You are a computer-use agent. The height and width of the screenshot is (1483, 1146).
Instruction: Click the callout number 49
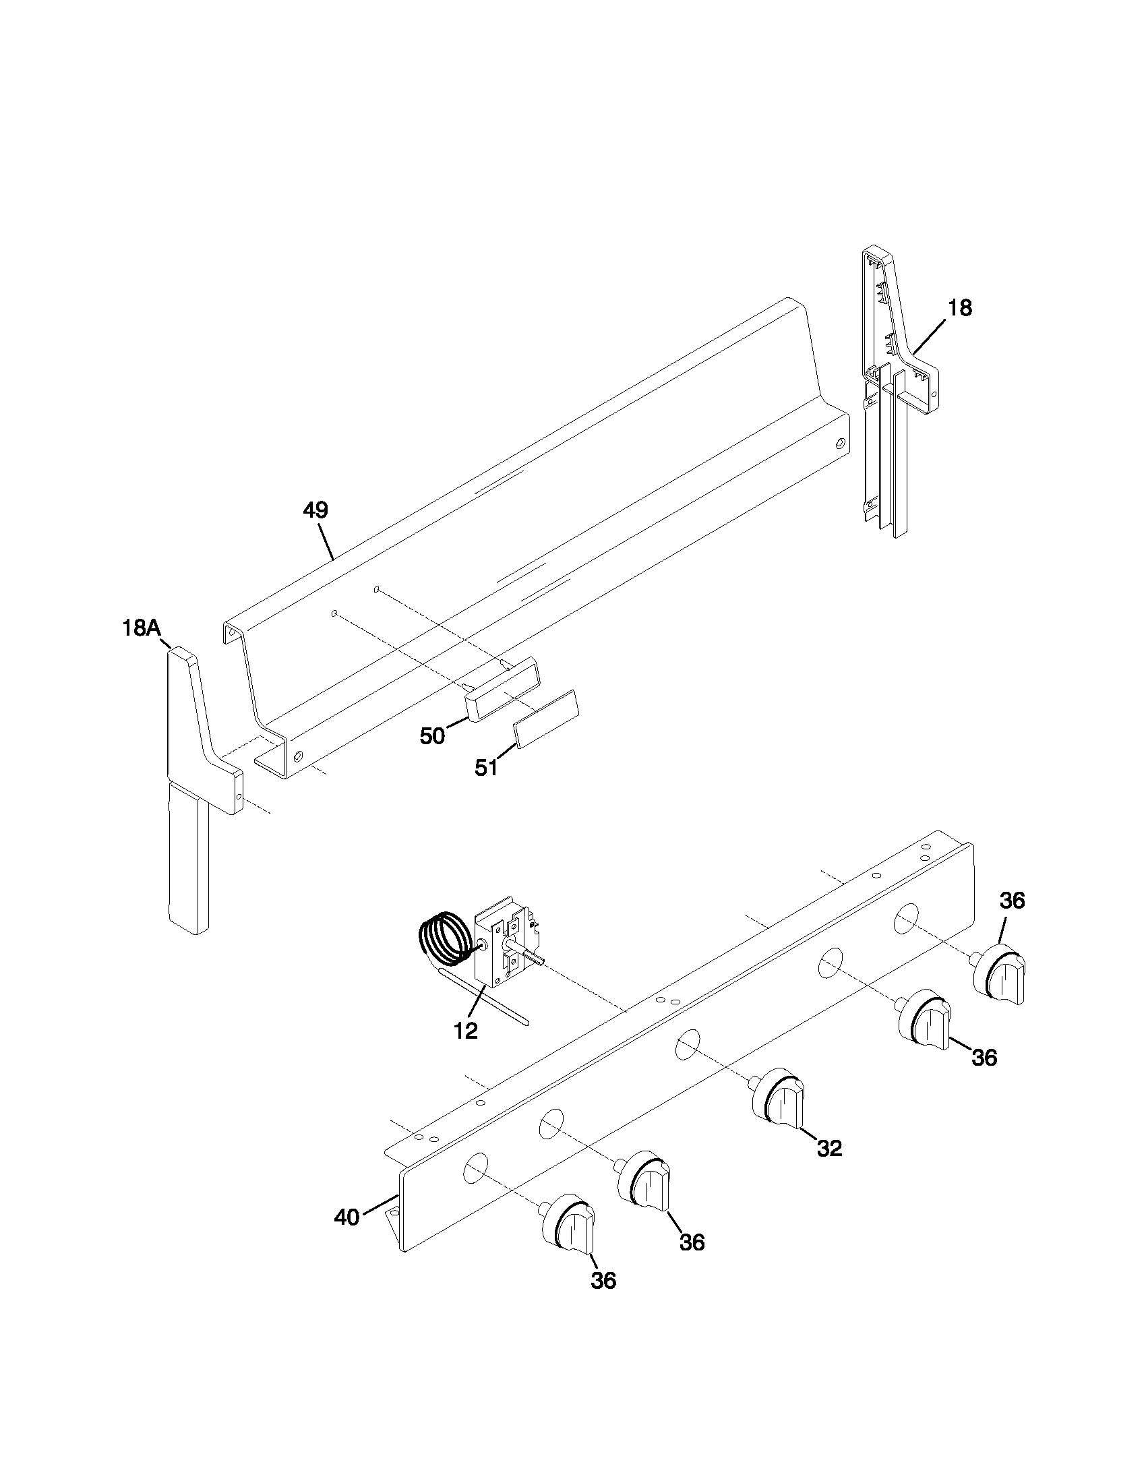tap(315, 511)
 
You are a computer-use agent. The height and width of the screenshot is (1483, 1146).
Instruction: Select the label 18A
tap(141, 628)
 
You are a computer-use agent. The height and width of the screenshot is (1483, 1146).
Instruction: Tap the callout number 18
tap(960, 308)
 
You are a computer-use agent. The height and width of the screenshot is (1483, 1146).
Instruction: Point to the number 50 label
tap(433, 736)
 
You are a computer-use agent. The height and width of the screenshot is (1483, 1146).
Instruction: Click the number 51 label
tap(486, 768)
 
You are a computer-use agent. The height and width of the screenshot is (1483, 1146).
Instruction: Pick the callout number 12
tap(466, 1031)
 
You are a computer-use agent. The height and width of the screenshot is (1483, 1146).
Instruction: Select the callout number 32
tap(829, 1148)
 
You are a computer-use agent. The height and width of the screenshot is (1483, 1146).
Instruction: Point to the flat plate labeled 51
tap(546, 719)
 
